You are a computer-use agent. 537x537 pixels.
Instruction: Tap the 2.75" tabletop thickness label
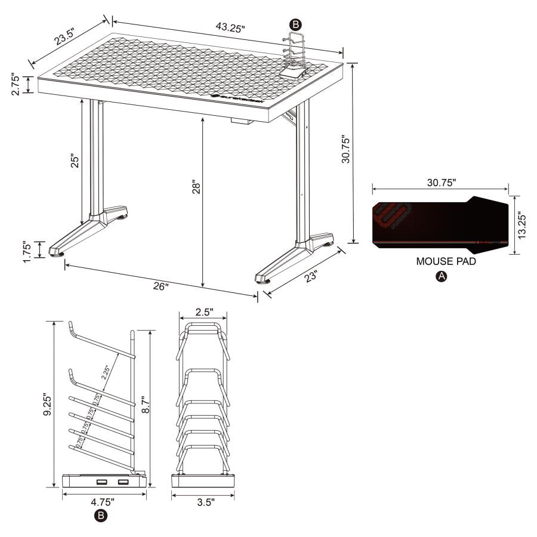point(16,85)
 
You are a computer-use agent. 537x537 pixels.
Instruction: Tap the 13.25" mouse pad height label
point(522,224)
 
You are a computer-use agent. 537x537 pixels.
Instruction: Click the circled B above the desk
point(295,24)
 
